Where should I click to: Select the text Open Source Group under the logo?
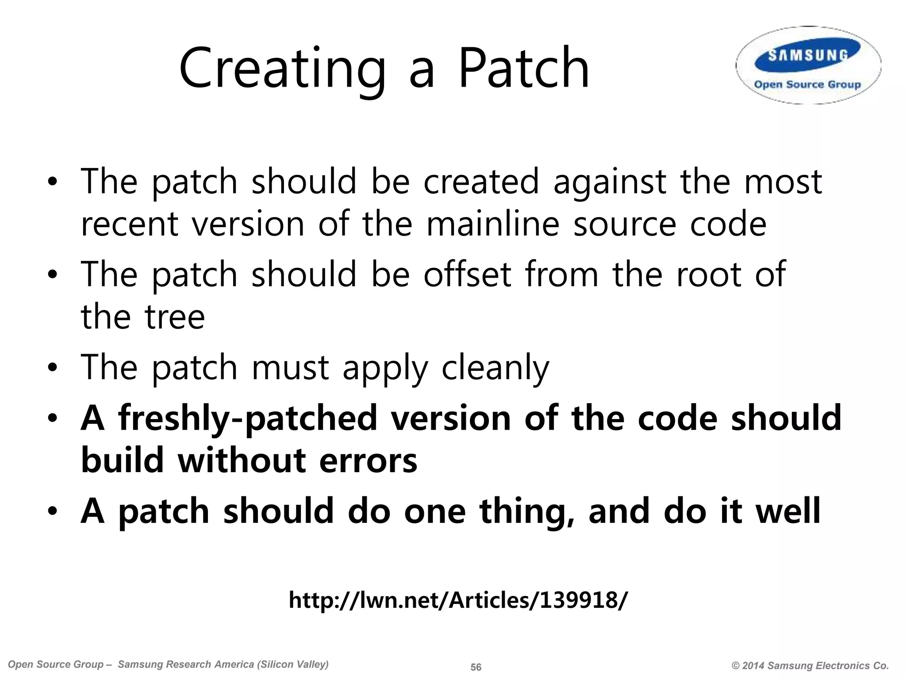(807, 84)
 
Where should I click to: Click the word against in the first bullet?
(610, 182)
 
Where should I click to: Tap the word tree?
(174, 317)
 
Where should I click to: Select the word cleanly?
(495, 368)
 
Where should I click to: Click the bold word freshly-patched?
(247, 418)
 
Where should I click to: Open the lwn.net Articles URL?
(458, 600)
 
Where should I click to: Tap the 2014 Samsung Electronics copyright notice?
(810, 666)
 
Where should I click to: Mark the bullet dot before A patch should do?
(53, 512)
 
